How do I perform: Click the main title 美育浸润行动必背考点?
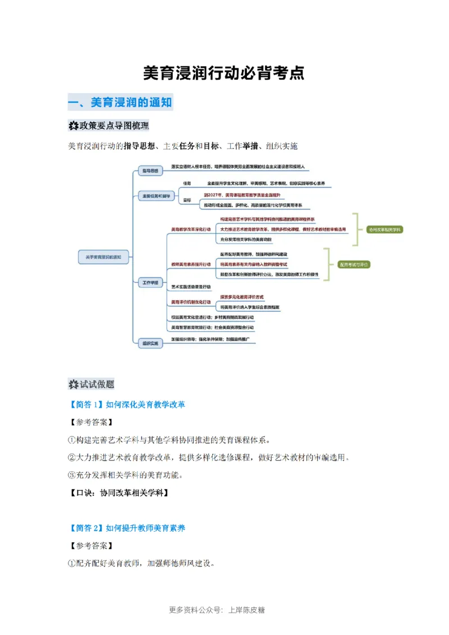(224, 73)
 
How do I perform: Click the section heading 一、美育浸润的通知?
(120, 102)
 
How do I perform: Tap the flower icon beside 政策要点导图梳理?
(73, 125)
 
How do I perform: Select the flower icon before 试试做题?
(73, 384)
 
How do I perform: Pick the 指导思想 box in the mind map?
(150, 169)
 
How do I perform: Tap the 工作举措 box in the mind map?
(150, 283)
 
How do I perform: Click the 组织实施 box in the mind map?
(150, 342)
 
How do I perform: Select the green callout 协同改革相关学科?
(384, 229)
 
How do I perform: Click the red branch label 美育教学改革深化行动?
(191, 229)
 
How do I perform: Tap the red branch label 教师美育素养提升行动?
(191, 263)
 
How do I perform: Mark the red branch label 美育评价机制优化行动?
(191, 302)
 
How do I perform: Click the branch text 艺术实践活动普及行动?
(191, 287)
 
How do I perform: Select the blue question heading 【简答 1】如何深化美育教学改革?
(126, 404)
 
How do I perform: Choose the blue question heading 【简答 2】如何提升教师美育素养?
(126, 527)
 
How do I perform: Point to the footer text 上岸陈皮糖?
(247, 610)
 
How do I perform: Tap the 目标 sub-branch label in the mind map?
(187, 200)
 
